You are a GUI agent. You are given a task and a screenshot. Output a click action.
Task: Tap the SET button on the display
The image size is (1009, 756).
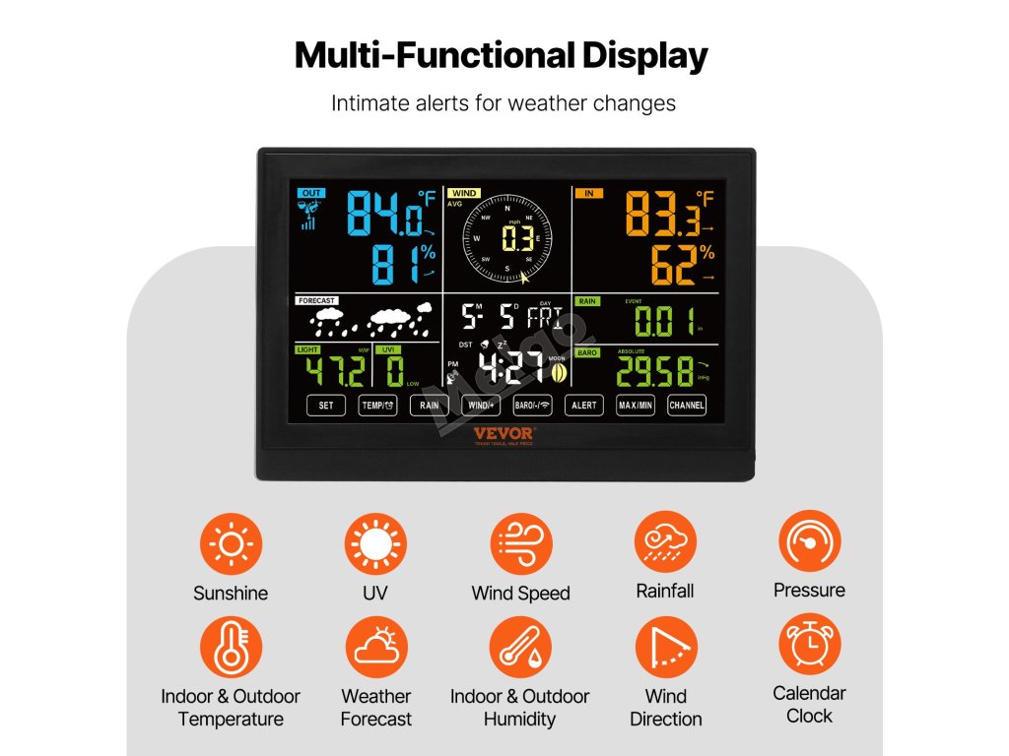tap(326, 405)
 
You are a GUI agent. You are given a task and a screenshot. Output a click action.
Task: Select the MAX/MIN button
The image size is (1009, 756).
tap(636, 405)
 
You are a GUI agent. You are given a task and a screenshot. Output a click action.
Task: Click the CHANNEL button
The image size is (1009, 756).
tap(687, 405)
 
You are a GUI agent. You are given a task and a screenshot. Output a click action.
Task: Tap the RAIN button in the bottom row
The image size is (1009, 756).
tap(430, 405)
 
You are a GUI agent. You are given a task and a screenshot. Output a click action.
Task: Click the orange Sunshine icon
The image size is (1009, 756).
tap(231, 544)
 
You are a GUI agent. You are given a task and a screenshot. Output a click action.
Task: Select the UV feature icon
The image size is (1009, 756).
tap(375, 544)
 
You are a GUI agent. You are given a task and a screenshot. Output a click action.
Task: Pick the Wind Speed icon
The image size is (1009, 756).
tap(520, 544)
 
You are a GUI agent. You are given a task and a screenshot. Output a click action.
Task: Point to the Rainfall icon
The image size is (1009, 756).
tap(665, 542)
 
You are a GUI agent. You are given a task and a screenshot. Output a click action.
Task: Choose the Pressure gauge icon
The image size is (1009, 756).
tap(809, 541)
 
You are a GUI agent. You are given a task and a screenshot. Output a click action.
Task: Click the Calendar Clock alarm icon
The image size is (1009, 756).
tap(809, 645)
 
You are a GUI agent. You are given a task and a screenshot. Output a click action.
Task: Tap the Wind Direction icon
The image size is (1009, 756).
tap(665, 648)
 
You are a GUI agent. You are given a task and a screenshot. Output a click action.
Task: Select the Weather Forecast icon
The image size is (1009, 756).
tap(375, 648)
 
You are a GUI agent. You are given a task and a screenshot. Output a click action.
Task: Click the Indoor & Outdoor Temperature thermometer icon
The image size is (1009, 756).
tap(231, 648)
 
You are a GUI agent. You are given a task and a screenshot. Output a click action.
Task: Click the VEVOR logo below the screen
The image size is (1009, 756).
tap(503, 433)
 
